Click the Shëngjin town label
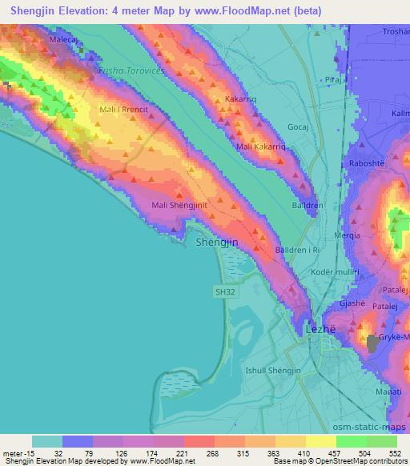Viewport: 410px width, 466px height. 215,242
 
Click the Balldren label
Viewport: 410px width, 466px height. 307,205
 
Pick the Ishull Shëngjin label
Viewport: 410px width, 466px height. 273,370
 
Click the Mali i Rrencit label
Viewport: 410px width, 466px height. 124,107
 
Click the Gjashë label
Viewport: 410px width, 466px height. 355,304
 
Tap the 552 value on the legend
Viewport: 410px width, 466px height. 394,454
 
